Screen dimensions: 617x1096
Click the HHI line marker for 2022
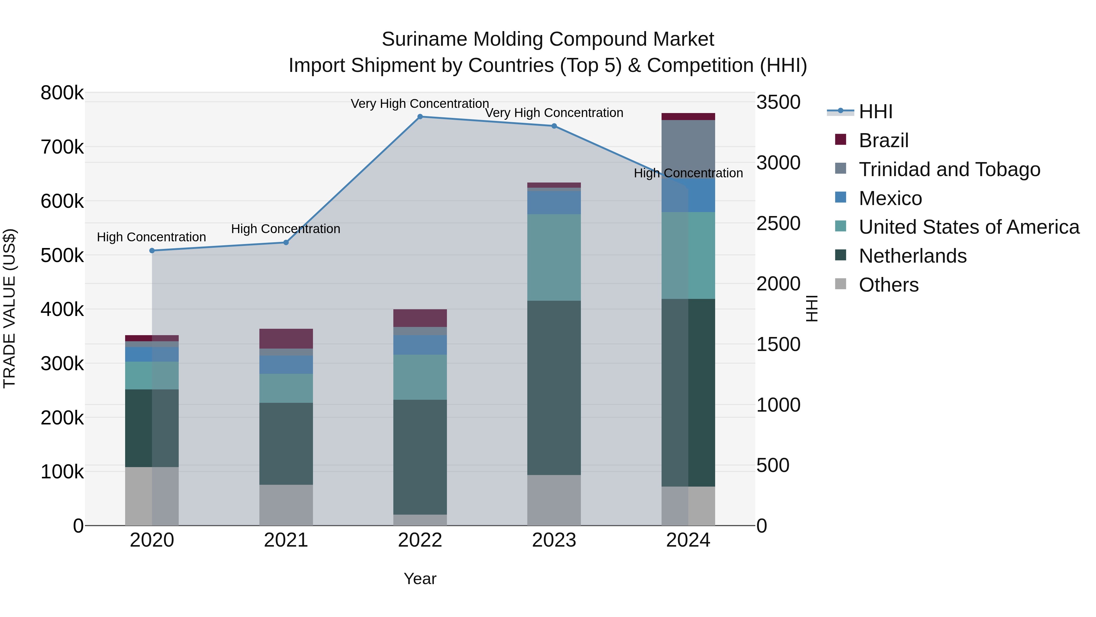point(420,117)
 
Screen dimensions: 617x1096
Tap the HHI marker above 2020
point(152,251)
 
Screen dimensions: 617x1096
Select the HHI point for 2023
point(554,126)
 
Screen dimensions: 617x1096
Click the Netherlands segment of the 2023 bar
point(554,388)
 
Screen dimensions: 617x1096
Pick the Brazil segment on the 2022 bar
point(420,318)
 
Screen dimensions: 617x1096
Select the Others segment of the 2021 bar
point(286,505)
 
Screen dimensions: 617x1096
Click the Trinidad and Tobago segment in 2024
point(688,149)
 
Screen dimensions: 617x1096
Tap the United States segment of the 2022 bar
point(420,377)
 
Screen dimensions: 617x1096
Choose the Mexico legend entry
point(890,198)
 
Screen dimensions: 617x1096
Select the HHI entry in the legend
point(876,112)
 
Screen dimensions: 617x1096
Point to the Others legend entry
point(888,285)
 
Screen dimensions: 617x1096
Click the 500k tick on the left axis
point(62,256)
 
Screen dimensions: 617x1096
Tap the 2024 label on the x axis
point(688,540)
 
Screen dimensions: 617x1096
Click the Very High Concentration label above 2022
point(420,104)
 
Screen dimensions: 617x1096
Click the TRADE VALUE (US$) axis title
point(9,308)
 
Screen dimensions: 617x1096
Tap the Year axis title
point(420,579)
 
